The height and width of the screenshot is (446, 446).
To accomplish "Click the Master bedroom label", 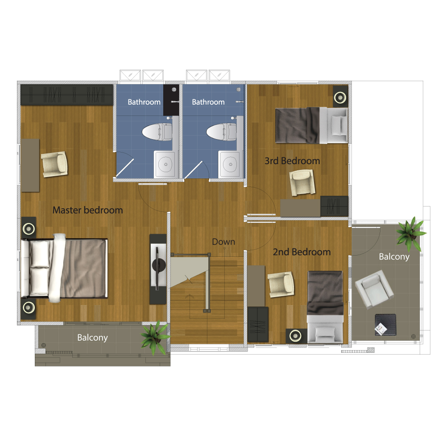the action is tap(87, 210).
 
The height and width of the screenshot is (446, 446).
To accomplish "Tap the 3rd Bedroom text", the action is tap(293, 161).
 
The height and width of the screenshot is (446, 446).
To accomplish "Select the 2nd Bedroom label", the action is tap(302, 252).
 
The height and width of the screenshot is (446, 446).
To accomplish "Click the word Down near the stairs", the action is tap(223, 242).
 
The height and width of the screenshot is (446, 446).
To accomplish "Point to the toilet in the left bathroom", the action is tap(157, 132).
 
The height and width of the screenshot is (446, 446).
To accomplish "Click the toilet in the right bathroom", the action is tap(222, 132).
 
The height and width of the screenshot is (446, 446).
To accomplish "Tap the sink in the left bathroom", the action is tap(165, 165).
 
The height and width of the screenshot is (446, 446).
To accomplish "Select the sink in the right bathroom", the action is tap(229, 165).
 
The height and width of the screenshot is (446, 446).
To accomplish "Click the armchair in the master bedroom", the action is tap(54, 164).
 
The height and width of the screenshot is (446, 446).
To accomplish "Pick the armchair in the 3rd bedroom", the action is tap(302, 182).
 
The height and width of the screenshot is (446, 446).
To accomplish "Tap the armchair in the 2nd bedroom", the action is tap(281, 284).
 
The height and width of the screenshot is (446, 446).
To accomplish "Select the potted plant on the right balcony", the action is tap(410, 234).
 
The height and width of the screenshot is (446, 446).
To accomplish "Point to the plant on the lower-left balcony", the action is tap(155, 337).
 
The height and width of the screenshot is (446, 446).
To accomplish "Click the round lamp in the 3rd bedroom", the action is tap(340, 98).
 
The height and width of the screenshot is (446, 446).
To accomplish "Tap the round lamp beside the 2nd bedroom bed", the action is tap(296, 336).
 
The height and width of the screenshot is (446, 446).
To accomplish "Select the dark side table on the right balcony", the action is tap(385, 325).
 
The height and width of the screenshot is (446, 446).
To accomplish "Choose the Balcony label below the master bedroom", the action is tap(92, 338).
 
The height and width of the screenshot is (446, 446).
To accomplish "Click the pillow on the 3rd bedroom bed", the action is tap(338, 125).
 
